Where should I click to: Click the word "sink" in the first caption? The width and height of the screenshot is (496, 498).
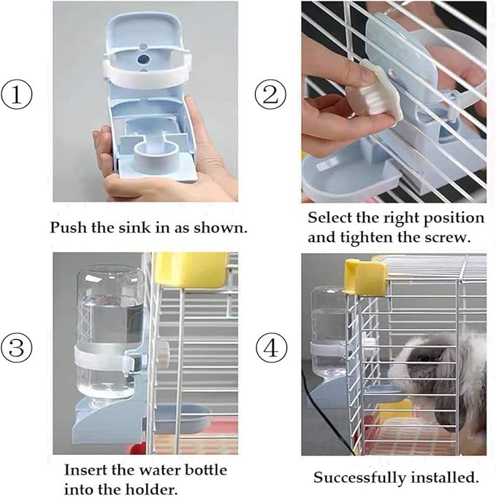pos(125,227)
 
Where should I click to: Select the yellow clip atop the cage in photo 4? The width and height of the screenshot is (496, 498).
pos(366,277)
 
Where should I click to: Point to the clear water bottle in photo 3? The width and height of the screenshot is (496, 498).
pos(110,321)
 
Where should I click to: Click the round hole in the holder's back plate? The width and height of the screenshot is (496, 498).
pos(145,56)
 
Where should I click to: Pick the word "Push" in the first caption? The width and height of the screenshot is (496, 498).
pos(66,227)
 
